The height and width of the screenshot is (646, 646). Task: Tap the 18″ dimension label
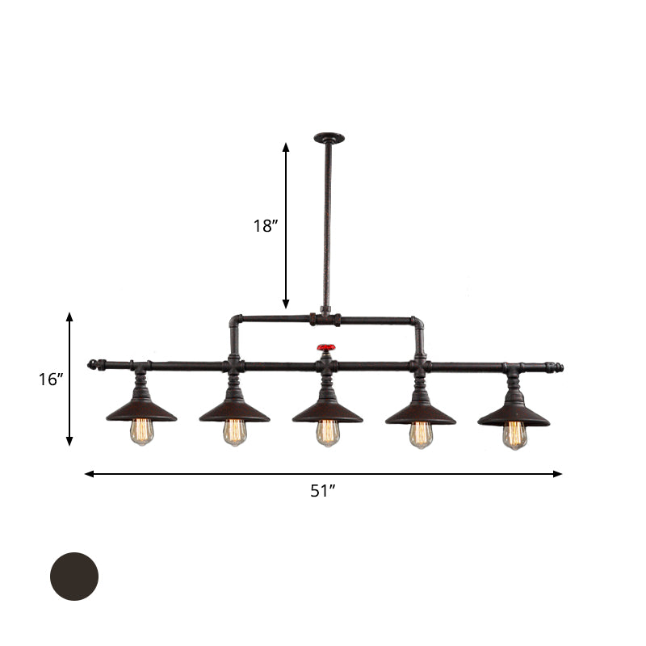266,226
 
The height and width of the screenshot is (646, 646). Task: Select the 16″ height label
51,379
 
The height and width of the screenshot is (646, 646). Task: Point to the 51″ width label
323,491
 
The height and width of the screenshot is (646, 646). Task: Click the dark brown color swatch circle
74,577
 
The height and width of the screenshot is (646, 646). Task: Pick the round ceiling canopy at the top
329,138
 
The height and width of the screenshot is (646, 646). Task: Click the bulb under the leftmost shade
141,431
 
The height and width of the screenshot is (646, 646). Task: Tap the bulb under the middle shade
327,433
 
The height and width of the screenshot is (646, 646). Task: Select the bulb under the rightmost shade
514,434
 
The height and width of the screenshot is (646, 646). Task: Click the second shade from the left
234,411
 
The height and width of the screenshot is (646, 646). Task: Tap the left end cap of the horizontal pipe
93,364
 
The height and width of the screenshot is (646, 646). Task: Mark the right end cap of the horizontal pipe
558,368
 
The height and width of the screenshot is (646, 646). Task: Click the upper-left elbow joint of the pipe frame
234,323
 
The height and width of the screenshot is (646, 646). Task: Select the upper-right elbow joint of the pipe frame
418,325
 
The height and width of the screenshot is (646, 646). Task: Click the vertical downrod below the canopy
327,226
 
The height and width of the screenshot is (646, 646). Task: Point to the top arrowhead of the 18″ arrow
286,147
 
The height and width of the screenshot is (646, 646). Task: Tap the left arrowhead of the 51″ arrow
88,474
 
